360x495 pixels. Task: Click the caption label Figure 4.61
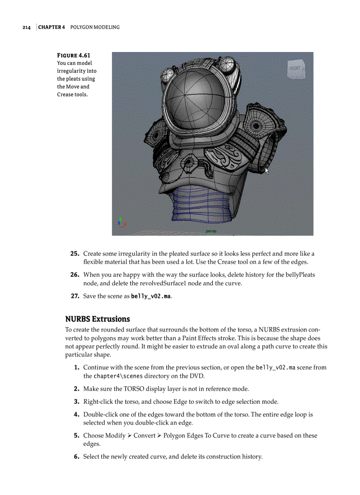click(73, 56)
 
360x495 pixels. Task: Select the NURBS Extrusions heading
click(97, 319)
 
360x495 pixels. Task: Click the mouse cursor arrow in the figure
click(266, 171)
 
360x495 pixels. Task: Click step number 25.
click(75, 254)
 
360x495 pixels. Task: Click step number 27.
click(75, 296)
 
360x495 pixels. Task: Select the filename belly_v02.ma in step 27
click(150, 296)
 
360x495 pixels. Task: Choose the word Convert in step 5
click(144, 435)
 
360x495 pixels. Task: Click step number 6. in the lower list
click(76, 457)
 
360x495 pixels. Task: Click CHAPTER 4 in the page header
click(52, 27)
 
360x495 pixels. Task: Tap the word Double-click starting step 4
click(101, 414)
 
